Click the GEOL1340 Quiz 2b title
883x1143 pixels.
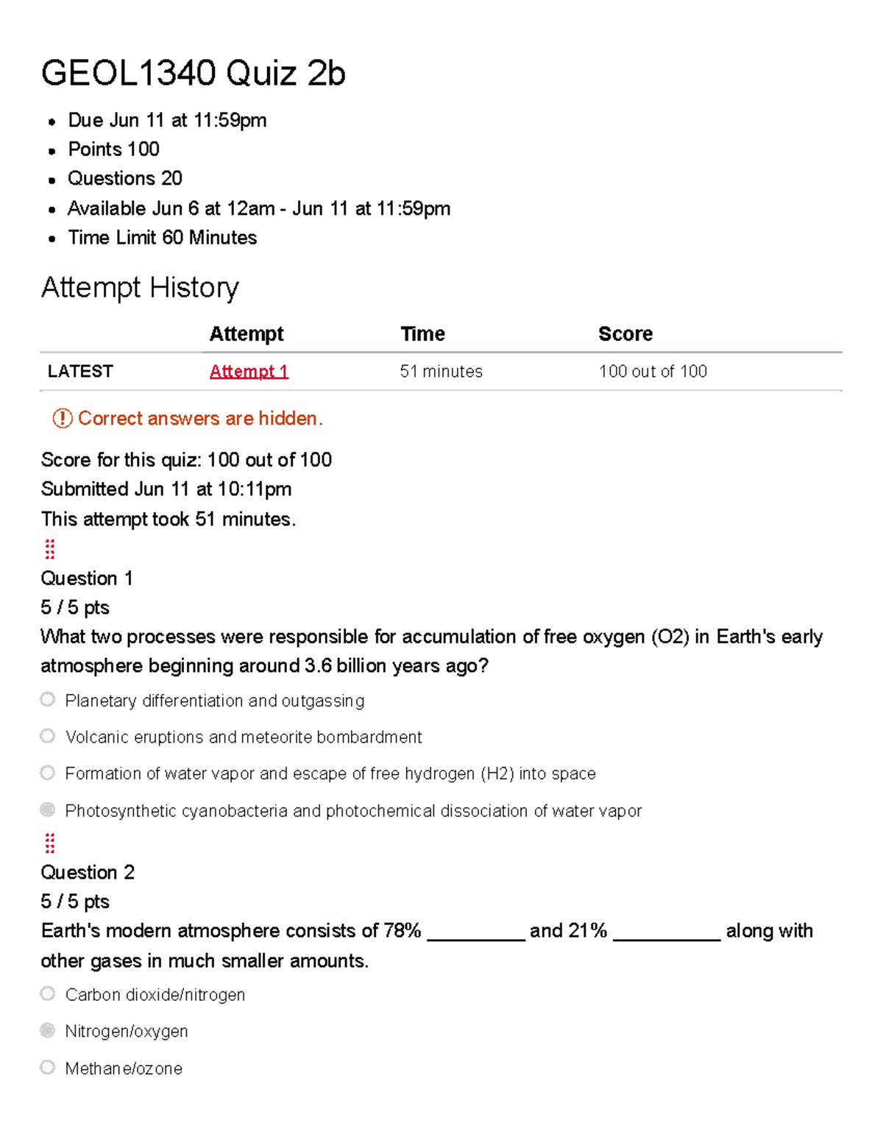pos(193,74)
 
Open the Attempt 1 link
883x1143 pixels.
pos(249,372)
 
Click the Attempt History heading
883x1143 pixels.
pos(140,287)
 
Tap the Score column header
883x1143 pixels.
pos(625,334)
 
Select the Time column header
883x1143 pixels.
pos(422,334)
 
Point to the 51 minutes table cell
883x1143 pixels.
pos(441,372)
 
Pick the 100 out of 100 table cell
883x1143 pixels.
pos(653,372)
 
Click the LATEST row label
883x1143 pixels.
pos(80,372)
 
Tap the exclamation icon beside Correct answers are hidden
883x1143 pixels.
pos(62,419)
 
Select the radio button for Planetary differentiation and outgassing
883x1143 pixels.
pos(48,699)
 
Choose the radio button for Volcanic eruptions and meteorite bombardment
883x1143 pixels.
pos(48,736)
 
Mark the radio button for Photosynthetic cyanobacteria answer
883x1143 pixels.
pos(48,810)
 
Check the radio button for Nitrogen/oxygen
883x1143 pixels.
pos(48,1030)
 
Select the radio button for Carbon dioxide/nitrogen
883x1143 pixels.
pos(48,994)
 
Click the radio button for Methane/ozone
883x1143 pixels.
pos(48,1067)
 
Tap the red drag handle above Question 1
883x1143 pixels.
pos(50,549)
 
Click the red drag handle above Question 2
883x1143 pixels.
pos(50,843)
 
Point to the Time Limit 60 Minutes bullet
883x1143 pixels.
pos(162,238)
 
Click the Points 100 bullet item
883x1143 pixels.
pos(113,149)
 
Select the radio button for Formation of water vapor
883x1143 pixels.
pos(48,773)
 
